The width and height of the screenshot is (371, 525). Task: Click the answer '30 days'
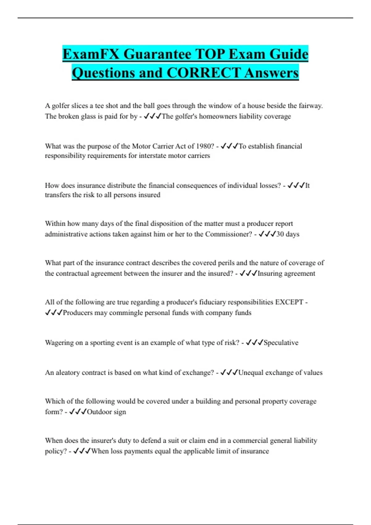(x=288, y=234)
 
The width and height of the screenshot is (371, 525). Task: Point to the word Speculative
(x=281, y=342)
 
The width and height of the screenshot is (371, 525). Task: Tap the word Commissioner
(x=228, y=234)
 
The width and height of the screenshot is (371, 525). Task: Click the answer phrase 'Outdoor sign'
(x=106, y=412)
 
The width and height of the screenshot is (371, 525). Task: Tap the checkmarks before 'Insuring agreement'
(x=248, y=273)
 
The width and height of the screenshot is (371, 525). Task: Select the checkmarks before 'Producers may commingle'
(x=54, y=313)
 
